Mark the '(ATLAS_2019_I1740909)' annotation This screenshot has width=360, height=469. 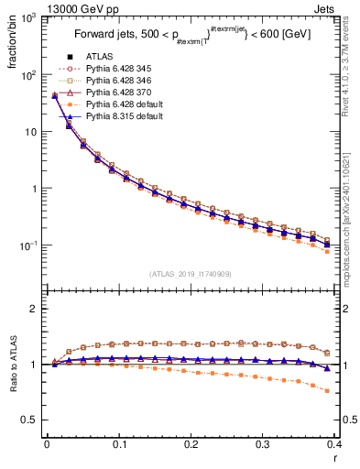pyautogui.click(x=189, y=273)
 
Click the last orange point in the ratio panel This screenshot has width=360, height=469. pyautogui.click(x=328, y=391)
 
